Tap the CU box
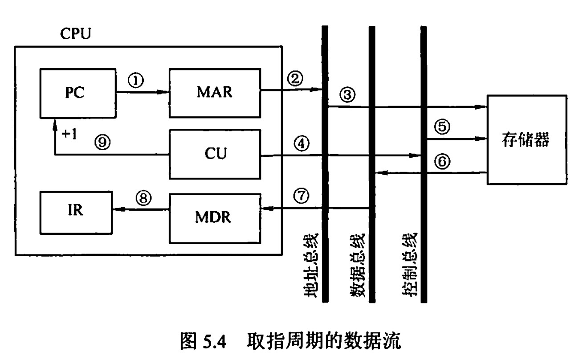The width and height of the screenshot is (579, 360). click(214, 154)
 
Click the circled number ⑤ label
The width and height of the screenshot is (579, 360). click(442, 127)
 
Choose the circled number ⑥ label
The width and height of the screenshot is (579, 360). click(442, 161)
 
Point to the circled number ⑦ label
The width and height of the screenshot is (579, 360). click(302, 195)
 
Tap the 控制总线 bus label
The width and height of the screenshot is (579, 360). click(409, 265)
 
